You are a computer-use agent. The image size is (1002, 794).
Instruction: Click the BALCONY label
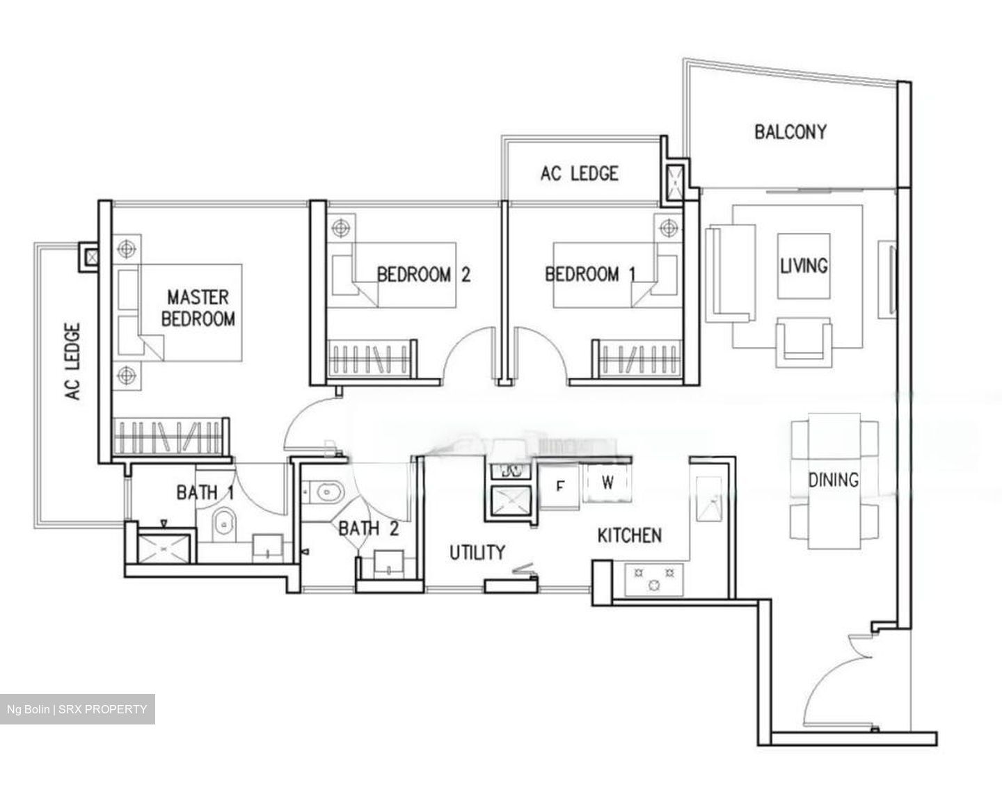790,131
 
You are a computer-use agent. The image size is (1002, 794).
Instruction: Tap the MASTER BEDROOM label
198,308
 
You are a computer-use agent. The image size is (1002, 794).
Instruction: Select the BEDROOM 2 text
423,275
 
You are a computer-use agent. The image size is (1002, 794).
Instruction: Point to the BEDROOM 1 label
590,275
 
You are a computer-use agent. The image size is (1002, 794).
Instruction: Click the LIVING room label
804,266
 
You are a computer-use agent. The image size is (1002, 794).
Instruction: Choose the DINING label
833,480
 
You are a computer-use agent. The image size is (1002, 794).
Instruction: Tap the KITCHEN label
629,535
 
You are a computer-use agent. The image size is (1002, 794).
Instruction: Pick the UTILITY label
477,553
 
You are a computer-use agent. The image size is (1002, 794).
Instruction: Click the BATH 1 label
205,493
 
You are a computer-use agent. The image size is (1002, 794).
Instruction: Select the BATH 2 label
368,529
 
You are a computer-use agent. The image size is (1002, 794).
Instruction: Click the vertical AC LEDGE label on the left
73,362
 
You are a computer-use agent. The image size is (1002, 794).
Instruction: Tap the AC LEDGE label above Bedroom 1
579,173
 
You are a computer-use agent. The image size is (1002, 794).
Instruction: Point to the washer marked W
608,483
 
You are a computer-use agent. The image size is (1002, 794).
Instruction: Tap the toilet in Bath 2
325,492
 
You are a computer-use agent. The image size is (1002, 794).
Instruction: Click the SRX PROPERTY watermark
77,709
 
